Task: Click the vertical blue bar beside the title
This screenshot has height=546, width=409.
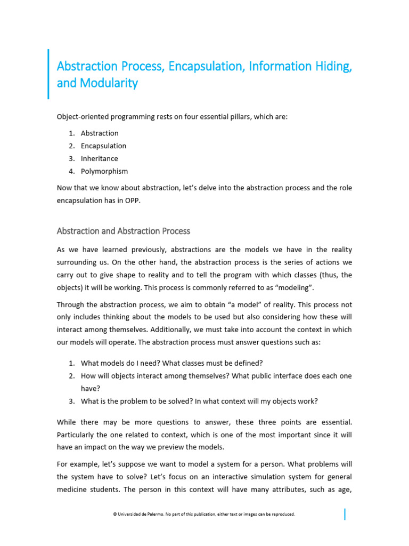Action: (x=48, y=74)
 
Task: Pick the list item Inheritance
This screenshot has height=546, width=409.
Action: (x=100, y=159)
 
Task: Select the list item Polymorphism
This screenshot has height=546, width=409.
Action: (x=104, y=172)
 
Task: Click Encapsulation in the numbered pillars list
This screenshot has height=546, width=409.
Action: (x=103, y=146)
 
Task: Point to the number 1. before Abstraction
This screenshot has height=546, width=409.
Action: (x=71, y=133)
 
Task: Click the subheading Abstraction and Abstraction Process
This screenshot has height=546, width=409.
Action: (x=123, y=231)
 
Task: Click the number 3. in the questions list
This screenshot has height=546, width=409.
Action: (x=71, y=402)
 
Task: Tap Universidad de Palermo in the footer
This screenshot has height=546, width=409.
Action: (x=139, y=515)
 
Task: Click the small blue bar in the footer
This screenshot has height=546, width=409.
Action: (x=345, y=515)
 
